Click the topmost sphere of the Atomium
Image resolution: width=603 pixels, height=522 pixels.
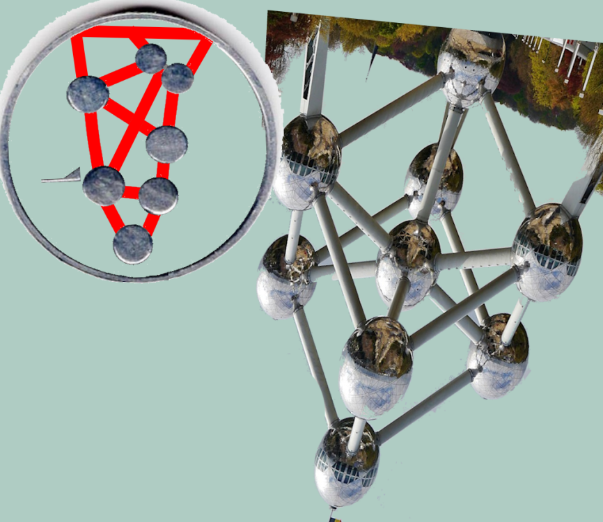tap(471, 67)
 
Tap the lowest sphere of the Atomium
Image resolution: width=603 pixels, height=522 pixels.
tap(347, 462)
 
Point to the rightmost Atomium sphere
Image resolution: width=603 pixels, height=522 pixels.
tap(547, 251)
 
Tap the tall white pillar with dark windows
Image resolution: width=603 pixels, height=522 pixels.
tap(313, 70)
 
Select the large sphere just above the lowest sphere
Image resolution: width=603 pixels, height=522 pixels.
tap(376, 366)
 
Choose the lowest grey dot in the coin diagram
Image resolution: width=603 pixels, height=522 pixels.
tap(133, 244)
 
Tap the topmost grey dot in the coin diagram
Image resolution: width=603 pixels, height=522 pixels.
tap(150, 58)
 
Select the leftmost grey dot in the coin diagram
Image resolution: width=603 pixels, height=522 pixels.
tap(88, 94)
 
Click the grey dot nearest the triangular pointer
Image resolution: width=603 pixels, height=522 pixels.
tap(104, 185)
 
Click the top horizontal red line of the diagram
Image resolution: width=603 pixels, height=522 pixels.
tap(139, 32)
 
